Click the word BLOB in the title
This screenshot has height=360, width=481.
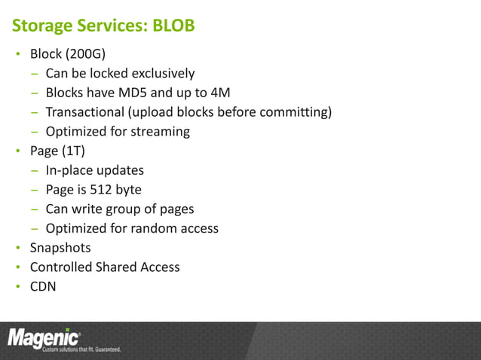pos(173,26)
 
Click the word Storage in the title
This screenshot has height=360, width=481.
pos(41,26)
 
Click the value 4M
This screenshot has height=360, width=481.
pos(220,93)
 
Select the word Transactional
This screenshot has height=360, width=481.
pos(85,112)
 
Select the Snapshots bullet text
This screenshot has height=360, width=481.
pos(60,247)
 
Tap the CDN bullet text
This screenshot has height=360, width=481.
pos(43,286)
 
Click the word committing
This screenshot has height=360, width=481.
pos(295,112)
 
